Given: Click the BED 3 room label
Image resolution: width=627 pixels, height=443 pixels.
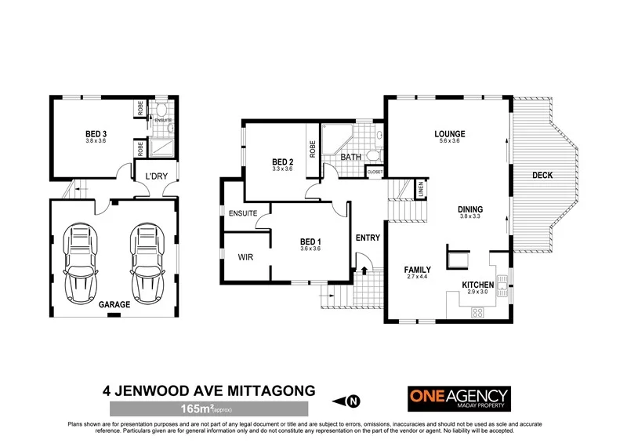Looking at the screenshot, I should pos(96,134).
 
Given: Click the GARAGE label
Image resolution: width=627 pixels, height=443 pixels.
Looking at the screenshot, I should pos(114,303).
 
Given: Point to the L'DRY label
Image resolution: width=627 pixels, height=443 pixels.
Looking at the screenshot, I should pos(154,177).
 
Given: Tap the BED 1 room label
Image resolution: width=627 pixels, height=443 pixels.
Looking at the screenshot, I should pos(311,241).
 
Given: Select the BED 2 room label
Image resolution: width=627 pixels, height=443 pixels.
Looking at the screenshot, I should pos(282,162).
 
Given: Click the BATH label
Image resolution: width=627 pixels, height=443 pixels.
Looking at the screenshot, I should pos(350,158).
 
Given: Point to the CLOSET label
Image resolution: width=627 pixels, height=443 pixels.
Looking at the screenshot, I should pos(375,172).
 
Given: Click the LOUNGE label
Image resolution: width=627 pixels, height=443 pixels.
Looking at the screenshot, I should pos(450,134).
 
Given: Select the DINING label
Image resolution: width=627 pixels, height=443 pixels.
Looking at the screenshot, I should pos(470,209).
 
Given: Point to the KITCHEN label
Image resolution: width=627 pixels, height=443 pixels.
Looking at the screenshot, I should pos(477,285).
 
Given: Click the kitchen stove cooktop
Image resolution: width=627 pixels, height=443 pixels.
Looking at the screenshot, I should pos(477,313).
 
